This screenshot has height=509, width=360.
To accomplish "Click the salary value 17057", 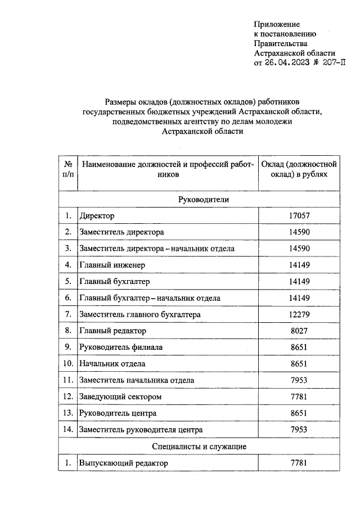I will coord(299,216).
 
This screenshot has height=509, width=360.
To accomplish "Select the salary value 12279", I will coord(299,314).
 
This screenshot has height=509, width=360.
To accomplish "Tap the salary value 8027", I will coord(299,331).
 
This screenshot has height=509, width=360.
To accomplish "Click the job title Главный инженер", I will coord(112,265).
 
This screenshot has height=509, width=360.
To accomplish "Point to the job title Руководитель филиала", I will coord(119,348).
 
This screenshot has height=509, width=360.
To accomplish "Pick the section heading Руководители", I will coord(203,200).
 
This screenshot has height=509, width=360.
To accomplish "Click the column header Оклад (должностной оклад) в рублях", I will coord(299,169).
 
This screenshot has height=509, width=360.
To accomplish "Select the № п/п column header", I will coord(67,169).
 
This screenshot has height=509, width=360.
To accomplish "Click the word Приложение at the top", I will coord(277,24).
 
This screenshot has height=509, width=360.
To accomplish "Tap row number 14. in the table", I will coord(67,430).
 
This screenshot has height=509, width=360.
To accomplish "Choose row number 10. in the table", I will coord(67,364).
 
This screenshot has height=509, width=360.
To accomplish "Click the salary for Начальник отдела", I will coord(299,364).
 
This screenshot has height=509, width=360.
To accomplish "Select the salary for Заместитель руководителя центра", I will coord(299,430).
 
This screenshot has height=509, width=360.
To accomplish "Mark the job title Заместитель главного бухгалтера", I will coord(140,314).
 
